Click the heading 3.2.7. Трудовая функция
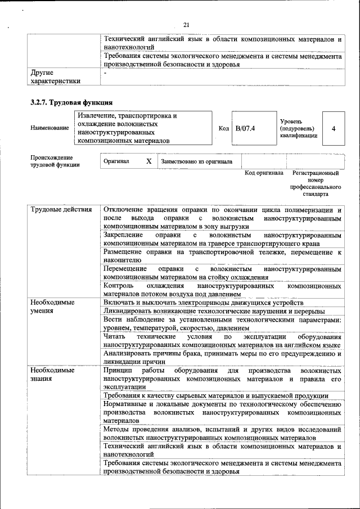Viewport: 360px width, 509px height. click(71, 102)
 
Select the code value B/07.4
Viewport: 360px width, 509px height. click(245, 128)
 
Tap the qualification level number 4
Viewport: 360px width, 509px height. click(334, 128)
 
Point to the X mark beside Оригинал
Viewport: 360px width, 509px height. click(148, 161)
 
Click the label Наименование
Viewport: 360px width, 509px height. click(49, 128)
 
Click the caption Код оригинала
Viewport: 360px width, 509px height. click(264, 173)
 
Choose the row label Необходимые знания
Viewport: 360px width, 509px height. click(53, 375)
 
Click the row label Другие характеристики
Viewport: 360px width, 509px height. click(55, 77)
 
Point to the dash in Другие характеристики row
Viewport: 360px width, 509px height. click(105, 73)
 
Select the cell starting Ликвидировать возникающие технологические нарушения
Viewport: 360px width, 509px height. click(214, 312)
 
